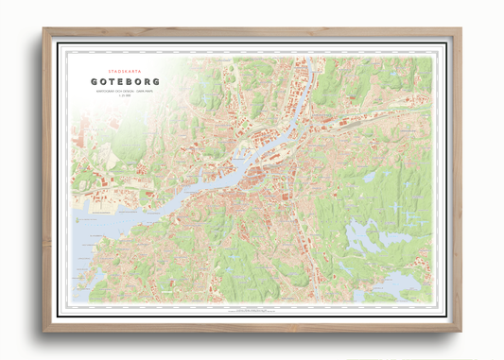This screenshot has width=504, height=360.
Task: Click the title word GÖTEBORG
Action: (125, 82)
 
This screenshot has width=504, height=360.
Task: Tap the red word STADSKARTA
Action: (125, 69)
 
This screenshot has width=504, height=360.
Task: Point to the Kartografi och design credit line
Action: (125, 93)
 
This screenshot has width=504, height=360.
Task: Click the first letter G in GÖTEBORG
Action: (96, 82)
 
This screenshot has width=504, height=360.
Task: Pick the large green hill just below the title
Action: (123, 142)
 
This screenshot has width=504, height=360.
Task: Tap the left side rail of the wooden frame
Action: (46, 180)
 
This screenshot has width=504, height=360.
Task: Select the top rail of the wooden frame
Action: (252, 32)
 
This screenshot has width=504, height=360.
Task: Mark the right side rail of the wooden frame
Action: (458, 180)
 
